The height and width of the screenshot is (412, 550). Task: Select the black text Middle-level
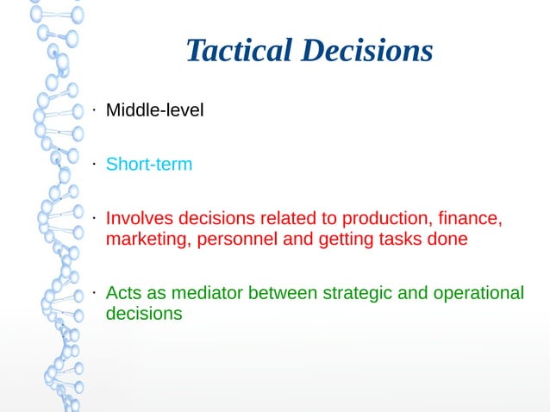(x=154, y=110)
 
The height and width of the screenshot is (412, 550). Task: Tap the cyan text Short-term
(x=148, y=164)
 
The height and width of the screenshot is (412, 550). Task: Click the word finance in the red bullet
(x=470, y=217)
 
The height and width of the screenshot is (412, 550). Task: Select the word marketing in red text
(x=144, y=239)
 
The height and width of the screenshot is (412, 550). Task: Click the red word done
(x=448, y=239)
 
